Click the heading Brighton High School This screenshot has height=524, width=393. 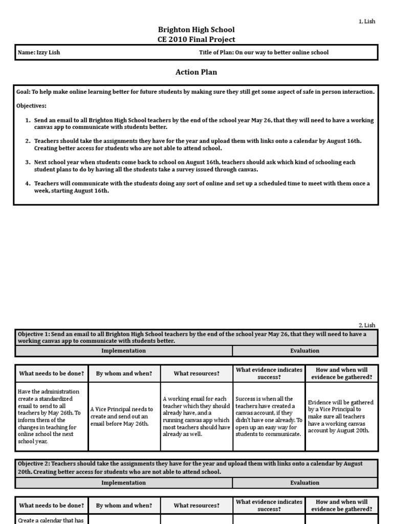[196, 30]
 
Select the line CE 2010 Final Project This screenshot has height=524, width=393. [196, 40]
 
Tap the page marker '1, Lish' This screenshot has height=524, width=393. [366, 21]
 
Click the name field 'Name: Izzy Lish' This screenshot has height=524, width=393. [39, 53]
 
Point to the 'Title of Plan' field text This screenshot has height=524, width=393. [264, 53]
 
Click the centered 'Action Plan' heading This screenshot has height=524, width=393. [196, 72]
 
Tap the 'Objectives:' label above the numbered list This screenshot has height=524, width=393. [32, 106]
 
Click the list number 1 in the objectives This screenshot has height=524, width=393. [28, 120]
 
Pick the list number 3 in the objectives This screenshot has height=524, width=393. [28, 162]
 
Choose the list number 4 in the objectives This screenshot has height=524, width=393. [28, 183]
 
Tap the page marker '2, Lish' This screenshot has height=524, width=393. [366, 325]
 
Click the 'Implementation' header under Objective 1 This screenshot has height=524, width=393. [123, 351]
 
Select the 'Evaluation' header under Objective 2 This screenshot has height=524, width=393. [305, 483]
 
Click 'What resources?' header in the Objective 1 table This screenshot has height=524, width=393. [196, 374]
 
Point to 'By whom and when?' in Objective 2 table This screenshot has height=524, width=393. [124, 505]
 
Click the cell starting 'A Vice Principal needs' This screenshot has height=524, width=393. [124, 416]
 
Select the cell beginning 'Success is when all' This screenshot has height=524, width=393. [269, 416]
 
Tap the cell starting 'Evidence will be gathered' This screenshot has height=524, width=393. [341, 416]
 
